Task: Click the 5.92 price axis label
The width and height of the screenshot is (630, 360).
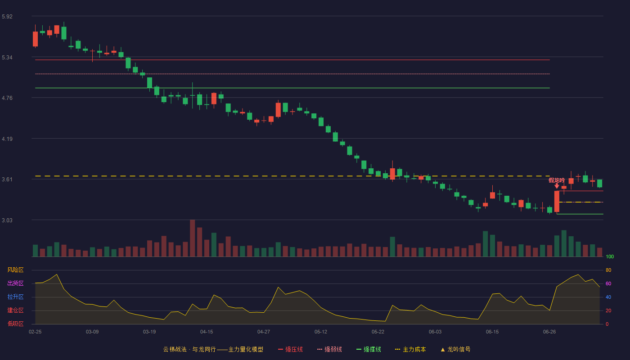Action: point(7,17)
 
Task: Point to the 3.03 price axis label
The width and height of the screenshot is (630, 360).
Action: point(7,220)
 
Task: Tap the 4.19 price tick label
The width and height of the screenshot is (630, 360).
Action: point(7,139)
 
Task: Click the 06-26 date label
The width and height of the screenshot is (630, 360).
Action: point(549,332)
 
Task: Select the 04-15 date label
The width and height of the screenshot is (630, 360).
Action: point(207,332)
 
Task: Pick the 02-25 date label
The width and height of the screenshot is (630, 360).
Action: point(35,332)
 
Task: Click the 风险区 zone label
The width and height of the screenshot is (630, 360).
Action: point(15,270)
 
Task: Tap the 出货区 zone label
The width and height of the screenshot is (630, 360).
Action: point(15,283)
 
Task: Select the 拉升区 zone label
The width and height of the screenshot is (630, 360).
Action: point(15,297)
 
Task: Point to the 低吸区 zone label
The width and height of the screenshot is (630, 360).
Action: point(15,324)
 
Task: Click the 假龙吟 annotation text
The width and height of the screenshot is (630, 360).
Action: point(557,180)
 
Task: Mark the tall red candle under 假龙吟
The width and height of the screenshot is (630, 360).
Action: point(557,202)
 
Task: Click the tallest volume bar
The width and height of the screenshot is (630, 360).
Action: point(193,238)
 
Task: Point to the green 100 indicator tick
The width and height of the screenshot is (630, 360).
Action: point(610,256)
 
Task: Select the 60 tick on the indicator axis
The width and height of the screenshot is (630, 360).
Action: point(608,283)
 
